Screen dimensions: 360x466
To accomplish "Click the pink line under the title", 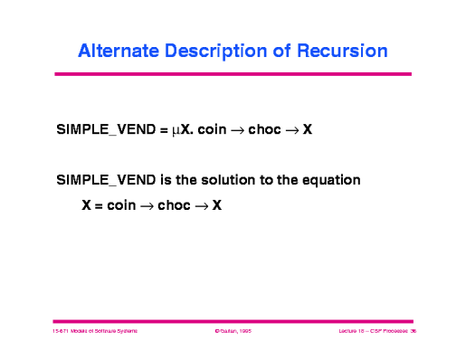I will point(233,73).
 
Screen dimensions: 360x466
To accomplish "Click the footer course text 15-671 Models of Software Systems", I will point(95,333).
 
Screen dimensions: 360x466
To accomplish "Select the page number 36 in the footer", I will point(412,333).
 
